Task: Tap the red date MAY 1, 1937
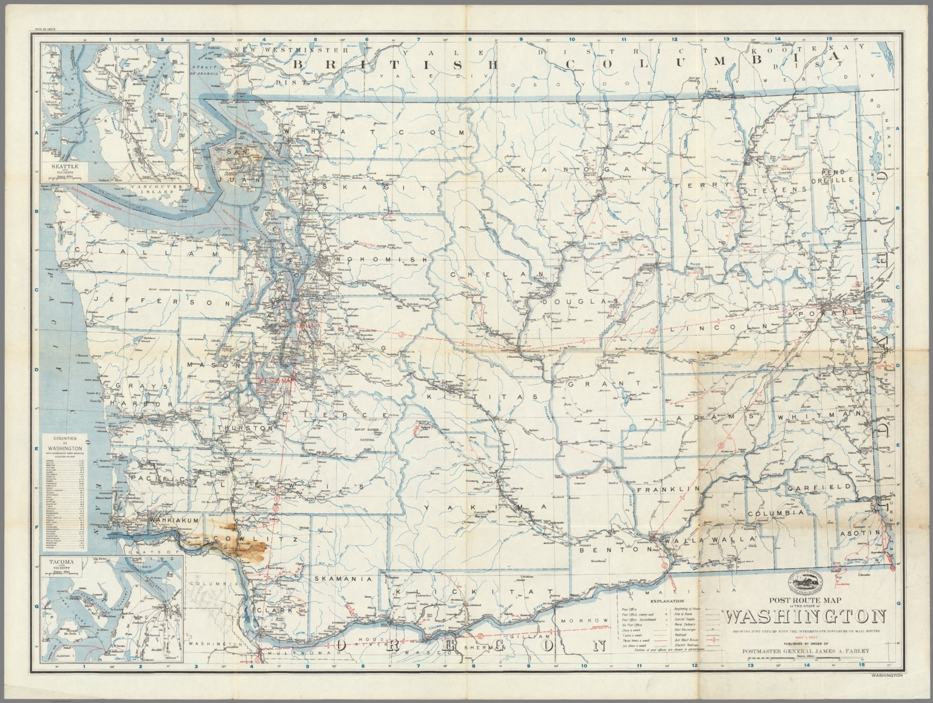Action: tap(805, 637)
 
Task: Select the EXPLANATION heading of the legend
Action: tap(667, 600)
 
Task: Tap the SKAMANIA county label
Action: tap(343, 580)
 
